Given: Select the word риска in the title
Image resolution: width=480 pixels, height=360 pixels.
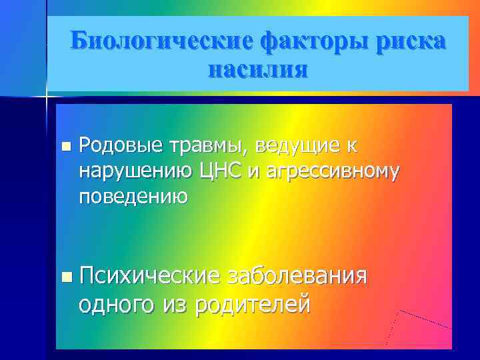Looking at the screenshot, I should coord(410,41).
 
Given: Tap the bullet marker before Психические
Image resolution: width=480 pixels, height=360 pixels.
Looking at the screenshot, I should coord(64,275).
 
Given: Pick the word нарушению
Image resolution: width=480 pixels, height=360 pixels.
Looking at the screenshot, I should coord(136,171).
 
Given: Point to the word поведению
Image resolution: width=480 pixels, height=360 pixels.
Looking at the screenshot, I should coord(133,197).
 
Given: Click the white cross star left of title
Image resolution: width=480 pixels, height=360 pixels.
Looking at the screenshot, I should coord(46,97).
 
